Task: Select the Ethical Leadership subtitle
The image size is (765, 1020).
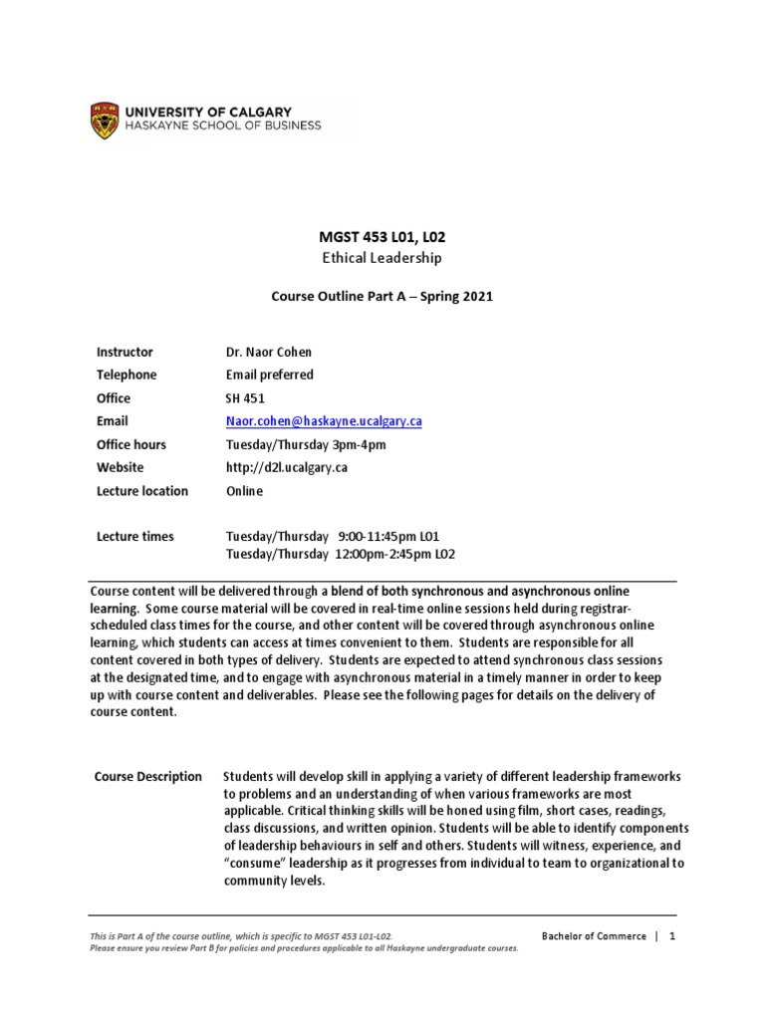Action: point(381,258)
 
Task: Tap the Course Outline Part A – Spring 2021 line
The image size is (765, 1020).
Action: point(382,297)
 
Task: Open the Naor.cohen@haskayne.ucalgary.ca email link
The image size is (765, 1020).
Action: point(324,421)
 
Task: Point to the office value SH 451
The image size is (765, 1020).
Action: point(245,398)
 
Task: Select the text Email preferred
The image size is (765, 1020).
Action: point(269,375)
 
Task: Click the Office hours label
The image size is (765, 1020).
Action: point(131,444)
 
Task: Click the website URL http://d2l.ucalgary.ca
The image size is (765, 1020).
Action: point(287,467)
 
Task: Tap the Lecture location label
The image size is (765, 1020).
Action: point(142,491)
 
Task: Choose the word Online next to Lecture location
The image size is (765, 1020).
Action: point(245,491)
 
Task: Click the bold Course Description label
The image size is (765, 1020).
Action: point(147,777)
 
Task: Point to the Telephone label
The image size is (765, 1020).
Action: point(127,375)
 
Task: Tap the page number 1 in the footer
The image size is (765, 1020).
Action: point(672,936)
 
